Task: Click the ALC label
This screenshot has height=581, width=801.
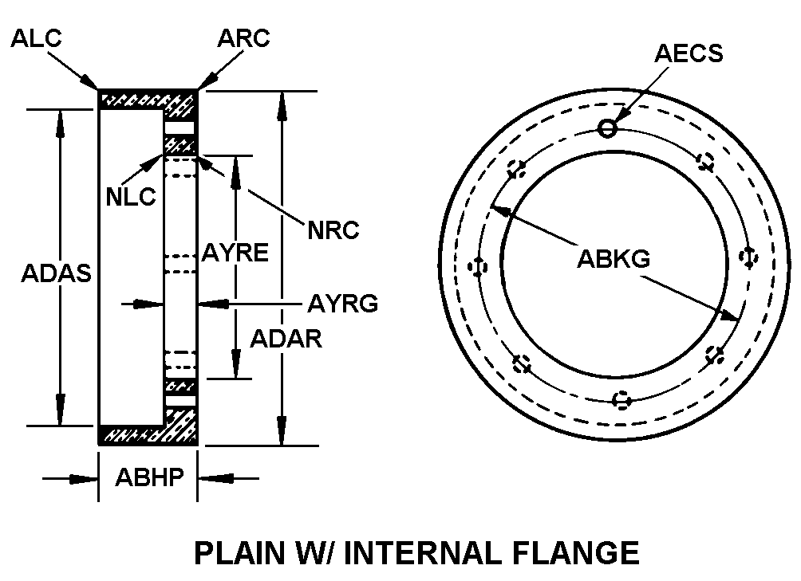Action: click(37, 39)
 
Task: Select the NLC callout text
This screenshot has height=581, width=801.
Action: click(132, 196)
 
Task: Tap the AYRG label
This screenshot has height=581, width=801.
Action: click(342, 304)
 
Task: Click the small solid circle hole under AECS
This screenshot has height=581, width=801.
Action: click(607, 128)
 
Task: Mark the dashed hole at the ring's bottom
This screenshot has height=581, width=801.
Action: click(622, 399)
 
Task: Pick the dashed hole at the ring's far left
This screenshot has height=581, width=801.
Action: click(479, 266)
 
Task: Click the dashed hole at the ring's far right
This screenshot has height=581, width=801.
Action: click(748, 257)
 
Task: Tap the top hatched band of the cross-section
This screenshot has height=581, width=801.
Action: click(148, 100)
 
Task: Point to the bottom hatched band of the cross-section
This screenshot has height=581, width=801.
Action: click(148, 435)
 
